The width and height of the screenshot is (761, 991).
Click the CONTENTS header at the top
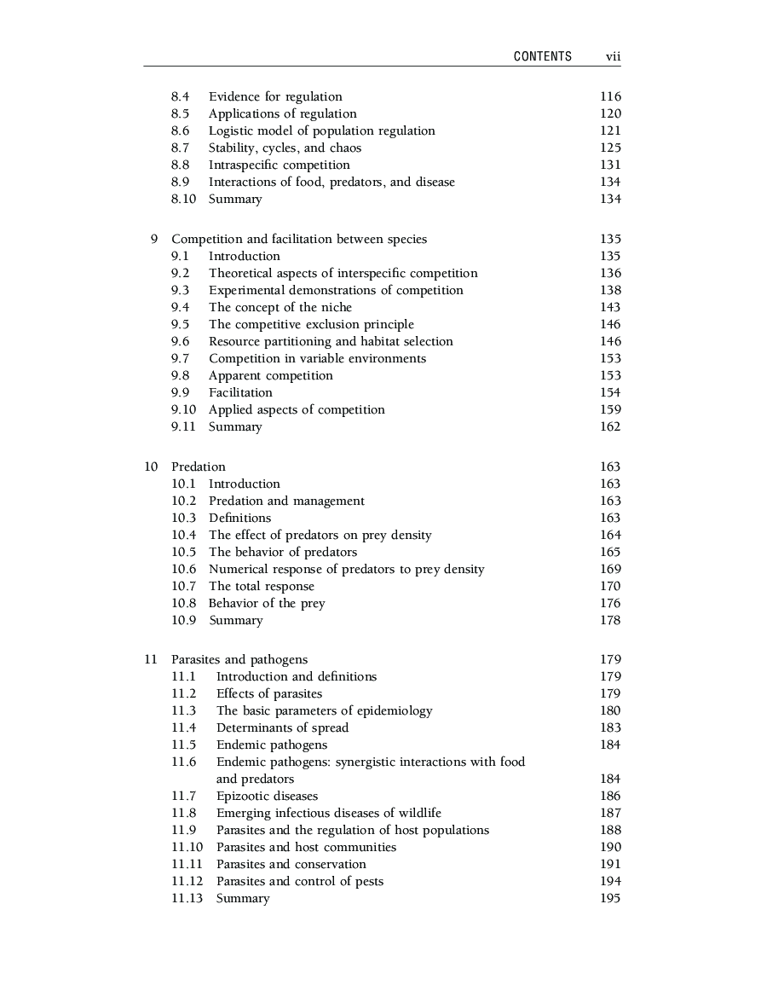click(x=543, y=56)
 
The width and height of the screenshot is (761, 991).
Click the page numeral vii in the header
click(x=613, y=56)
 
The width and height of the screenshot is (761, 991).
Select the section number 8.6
click(x=180, y=130)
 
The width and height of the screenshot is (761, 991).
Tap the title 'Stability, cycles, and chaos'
click(x=285, y=148)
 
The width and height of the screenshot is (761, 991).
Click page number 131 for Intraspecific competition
click(x=610, y=165)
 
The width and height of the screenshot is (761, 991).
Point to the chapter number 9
click(x=154, y=239)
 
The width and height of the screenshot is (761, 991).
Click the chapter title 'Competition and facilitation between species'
click(x=299, y=239)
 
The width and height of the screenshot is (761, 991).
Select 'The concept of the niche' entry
click(x=280, y=307)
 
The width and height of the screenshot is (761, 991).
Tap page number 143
click(x=610, y=307)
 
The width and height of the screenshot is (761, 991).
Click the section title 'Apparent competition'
click(x=271, y=375)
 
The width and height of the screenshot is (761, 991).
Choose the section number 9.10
click(x=183, y=409)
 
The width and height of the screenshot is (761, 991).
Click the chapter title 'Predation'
click(x=199, y=467)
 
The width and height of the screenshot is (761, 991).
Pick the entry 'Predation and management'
click(x=286, y=501)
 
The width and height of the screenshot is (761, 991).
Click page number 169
click(x=610, y=569)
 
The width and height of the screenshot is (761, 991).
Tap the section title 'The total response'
click(x=262, y=586)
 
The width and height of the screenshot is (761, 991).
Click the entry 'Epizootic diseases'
click(x=267, y=796)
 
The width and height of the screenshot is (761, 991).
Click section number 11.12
click(x=187, y=881)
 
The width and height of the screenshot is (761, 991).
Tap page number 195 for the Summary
click(x=610, y=898)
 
